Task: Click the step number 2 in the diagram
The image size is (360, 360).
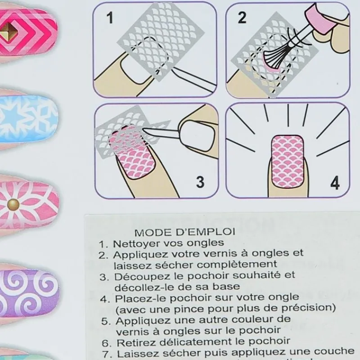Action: tap(242, 18)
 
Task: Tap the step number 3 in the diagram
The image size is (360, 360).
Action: tap(200, 182)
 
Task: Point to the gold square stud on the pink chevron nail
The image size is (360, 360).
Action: tap(9, 31)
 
